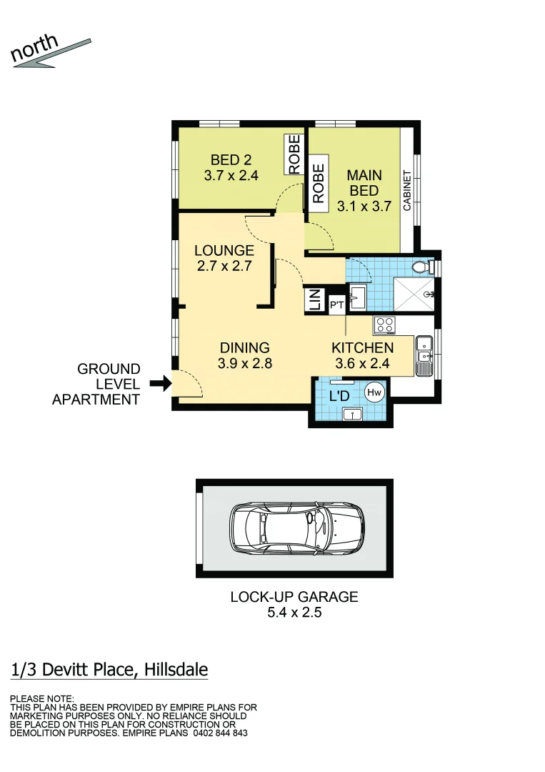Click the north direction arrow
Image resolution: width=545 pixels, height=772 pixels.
click(50, 54)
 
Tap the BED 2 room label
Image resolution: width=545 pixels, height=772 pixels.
click(231, 159)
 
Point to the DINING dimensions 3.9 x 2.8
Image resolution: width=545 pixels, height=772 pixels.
click(244, 363)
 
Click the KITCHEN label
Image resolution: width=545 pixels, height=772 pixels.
click(362, 348)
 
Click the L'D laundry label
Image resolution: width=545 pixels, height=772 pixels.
click(339, 395)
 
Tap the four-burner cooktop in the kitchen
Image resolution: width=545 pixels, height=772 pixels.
click(385, 325)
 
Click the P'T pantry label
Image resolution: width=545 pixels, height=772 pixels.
click(336, 305)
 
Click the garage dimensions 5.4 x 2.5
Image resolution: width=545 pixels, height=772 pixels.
click(294, 613)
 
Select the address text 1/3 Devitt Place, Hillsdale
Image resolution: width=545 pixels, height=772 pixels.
click(110, 670)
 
